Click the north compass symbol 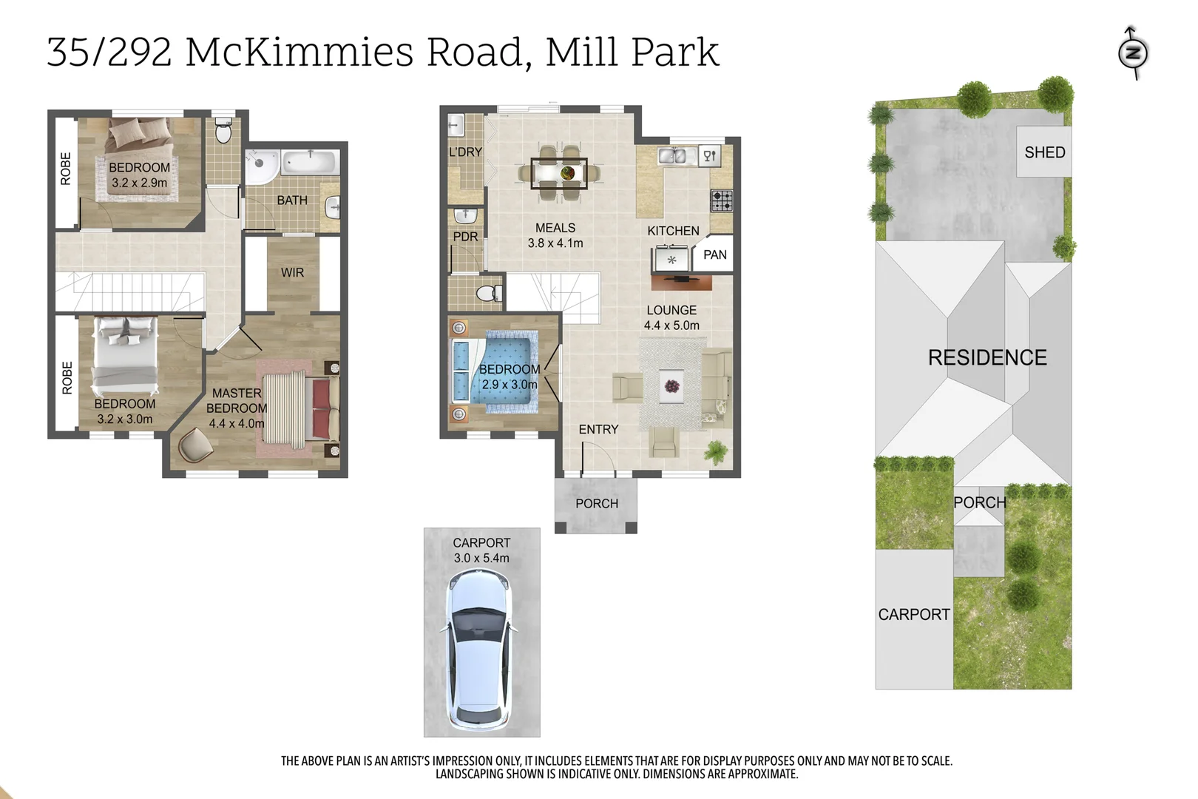pyautogui.click(x=1132, y=53)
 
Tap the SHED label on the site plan pyautogui.click(x=1044, y=152)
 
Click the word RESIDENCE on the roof pyautogui.click(x=987, y=358)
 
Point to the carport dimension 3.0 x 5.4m pyautogui.click(x=481, y=559)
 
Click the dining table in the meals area pyautogui.click(x=559, y=174)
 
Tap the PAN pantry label pyautogui.click(x=714, y=255)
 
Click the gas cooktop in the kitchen pyautogui.click(x=722, y=200)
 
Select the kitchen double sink pyautogui.click(x=677, y=156)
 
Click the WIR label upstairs pyautogui.click(x=292, y=273)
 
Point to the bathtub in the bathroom pyautogui.click(x=310, y=162)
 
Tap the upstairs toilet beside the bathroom pyautogui.click(x=223, y=132)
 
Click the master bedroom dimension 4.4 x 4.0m pyautogui.click(x=236, y=424)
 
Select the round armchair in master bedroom pyautogui.click(x=195, y=445)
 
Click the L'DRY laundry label pyautogui.click(x=465, y=152)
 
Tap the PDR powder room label pyautogui.click(x=465, y=237)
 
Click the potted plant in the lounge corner pyautogui.click(x=716, y=451)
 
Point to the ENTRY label pyautogui.click(x=598, y=430)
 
